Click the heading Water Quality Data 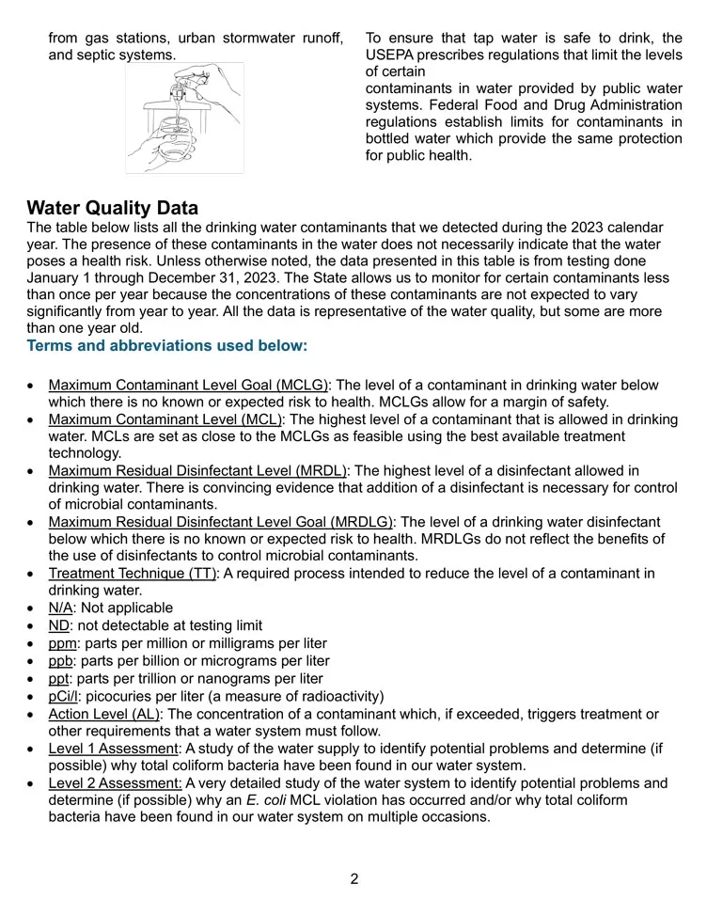[113, 208]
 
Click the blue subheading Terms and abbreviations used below [167, 345]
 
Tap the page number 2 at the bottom [354, 878]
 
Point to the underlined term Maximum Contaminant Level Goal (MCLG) [188, 386]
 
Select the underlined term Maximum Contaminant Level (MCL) [165, 419]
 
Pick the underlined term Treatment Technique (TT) [133, 574]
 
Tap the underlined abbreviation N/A [60, 608]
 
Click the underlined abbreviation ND [58, 625]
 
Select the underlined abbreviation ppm [62, 643]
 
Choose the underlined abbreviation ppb [60, 661]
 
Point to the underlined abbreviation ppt [58, 679]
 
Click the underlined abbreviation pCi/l [63, 697]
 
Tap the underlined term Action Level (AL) [105, 715]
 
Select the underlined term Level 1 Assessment [114, 749]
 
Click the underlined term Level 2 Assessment [115, 783]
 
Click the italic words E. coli [266, 800]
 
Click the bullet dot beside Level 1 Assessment [30, 750]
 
